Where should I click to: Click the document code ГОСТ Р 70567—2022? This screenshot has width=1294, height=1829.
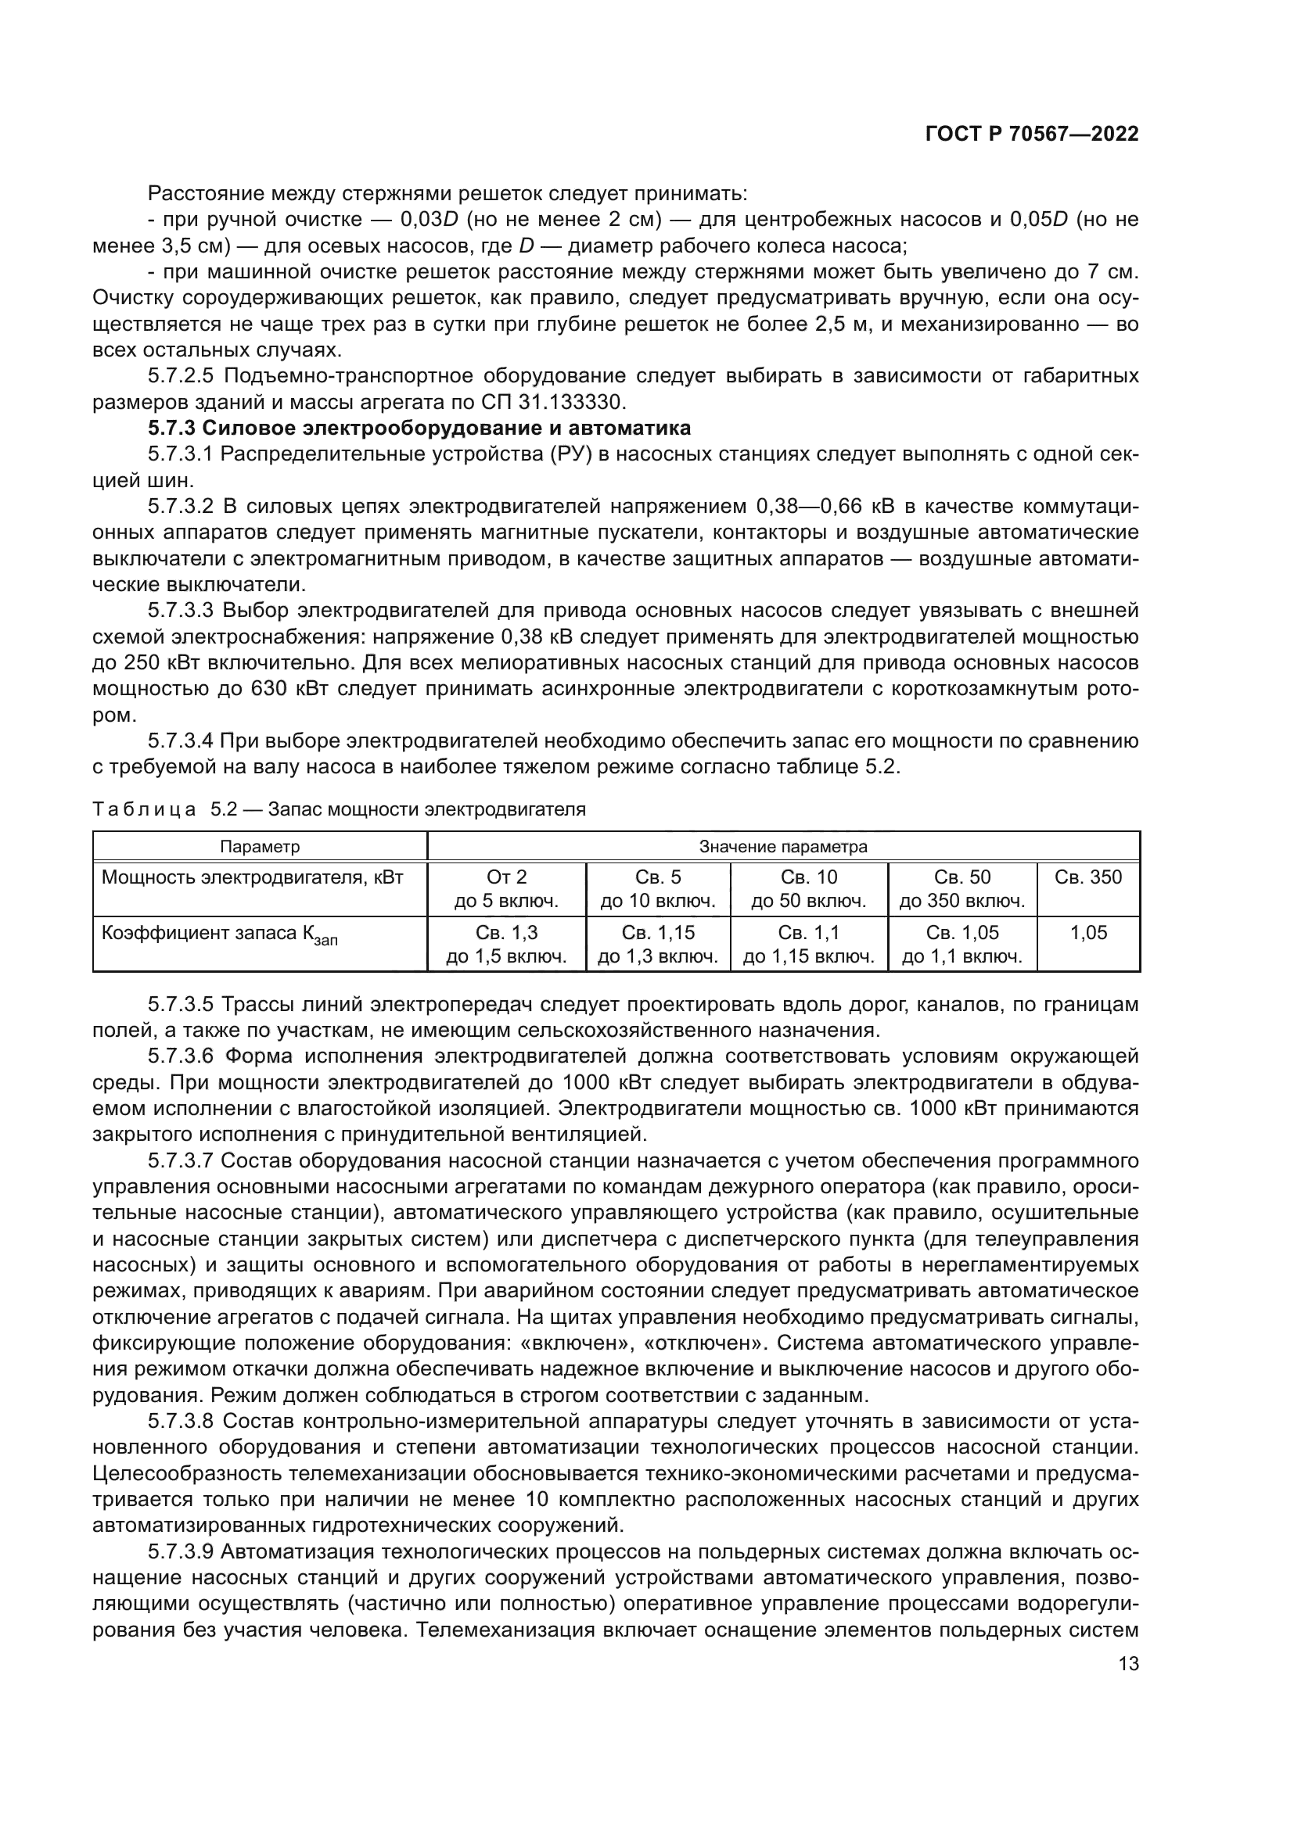point(1032,134)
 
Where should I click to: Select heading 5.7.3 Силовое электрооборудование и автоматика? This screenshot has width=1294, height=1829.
point(419,429)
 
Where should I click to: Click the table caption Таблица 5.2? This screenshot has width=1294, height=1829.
point(339,810)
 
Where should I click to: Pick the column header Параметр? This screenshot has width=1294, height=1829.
point(260,847)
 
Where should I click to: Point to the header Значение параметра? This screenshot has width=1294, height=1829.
point(782,847)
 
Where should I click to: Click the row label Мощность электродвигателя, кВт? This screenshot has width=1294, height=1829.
point(252,878)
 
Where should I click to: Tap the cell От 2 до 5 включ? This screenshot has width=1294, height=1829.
point(506,889)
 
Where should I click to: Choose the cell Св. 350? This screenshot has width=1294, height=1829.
point(1087,878)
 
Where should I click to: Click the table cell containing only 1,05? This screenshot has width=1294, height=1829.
point(1087,933)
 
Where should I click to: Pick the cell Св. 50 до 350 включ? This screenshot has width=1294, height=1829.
point(962,889)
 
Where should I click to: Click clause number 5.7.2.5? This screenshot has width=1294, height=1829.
point(181,376)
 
